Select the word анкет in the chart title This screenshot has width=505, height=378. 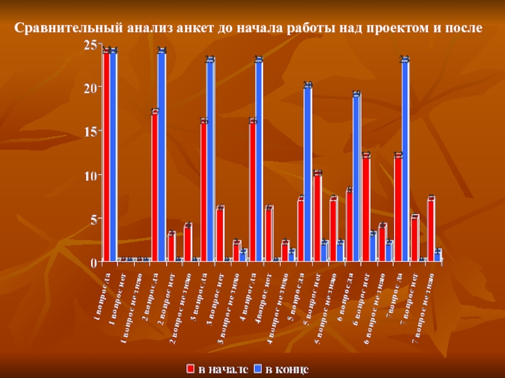click(x=201, y=28)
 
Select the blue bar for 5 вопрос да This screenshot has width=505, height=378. click(x=308, y=173)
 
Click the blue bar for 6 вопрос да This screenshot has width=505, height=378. click(x=357, y=177)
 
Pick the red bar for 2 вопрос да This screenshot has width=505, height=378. click(x=154, y=186)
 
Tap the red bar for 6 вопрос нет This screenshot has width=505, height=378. click(x=365, y=207)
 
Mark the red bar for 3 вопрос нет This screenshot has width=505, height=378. click(x=220, y=234)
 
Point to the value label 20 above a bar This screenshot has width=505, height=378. click(x=308, y=85)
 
